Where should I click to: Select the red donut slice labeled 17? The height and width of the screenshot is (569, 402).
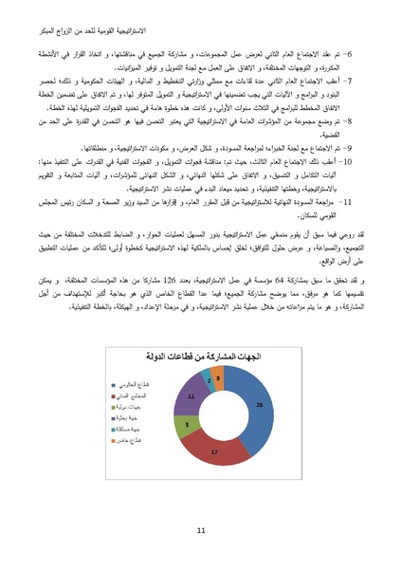pyautogui.click(x=216, y=453)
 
